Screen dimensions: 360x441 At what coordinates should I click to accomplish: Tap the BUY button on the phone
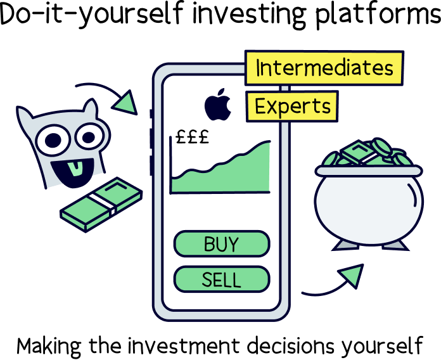coord(221,244)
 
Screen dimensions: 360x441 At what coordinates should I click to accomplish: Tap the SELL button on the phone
coord(221,279)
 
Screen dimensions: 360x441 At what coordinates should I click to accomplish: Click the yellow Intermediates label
coord(323,68)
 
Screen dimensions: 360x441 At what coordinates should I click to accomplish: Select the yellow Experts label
coord(292,106)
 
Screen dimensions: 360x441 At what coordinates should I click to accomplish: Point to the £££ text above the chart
coord(191,138)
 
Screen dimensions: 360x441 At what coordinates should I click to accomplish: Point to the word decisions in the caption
coord(288,345)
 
